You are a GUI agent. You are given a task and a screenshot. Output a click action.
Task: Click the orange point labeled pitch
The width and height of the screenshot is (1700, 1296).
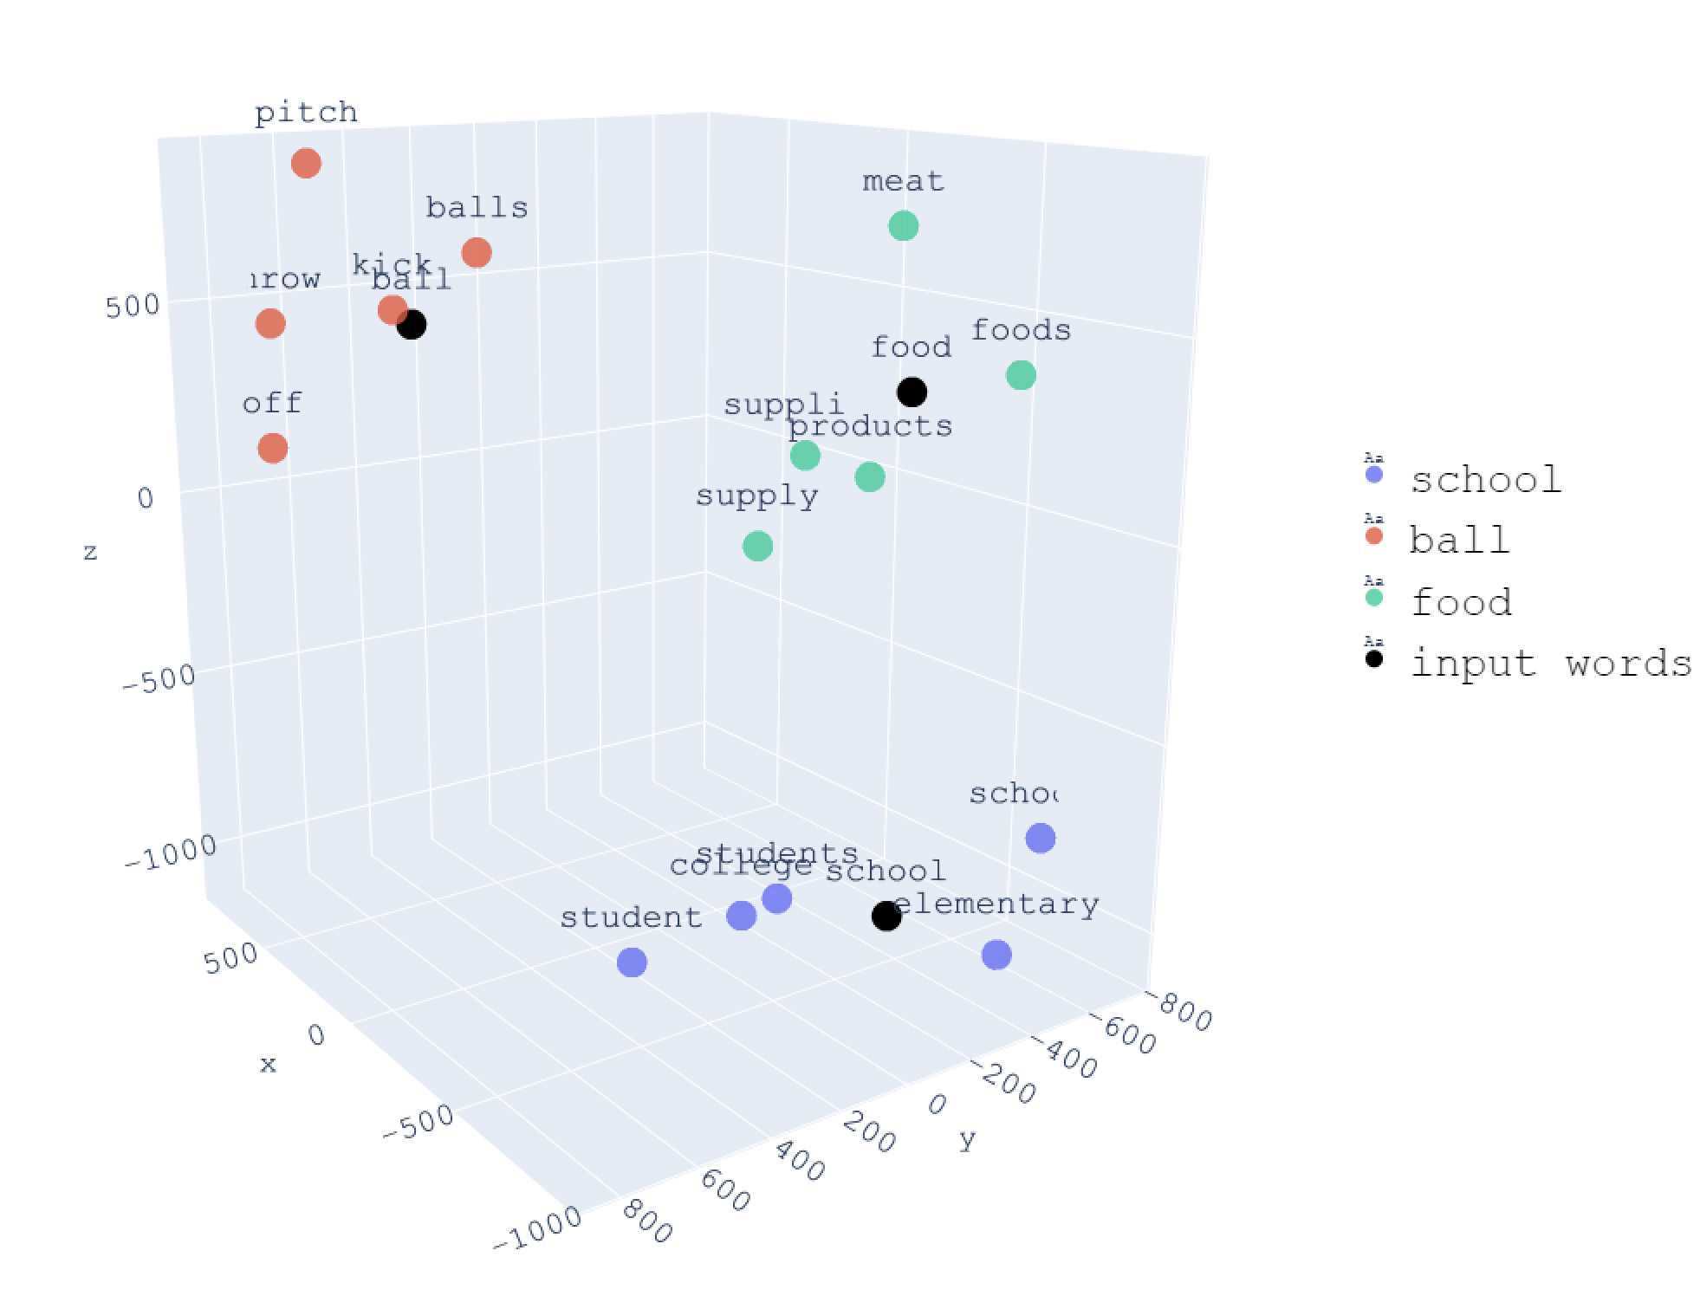click(306, 163)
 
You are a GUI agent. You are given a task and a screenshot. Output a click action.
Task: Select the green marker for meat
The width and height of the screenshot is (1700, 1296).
click(903, 226)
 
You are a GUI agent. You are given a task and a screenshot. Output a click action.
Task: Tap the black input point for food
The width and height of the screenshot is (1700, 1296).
click(912, 392)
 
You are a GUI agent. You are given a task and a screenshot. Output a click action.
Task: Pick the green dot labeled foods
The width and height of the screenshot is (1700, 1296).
click(1021, 375)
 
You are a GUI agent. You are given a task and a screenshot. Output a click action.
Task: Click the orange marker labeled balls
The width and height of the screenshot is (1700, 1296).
click(477, 253)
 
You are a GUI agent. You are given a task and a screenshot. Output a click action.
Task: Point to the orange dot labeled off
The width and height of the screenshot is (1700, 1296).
click(272, 449)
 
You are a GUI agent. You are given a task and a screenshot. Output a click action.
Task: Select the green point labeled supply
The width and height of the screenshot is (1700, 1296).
click(757, 546)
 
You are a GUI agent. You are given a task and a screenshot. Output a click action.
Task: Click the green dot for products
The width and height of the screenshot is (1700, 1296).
click(870, 476)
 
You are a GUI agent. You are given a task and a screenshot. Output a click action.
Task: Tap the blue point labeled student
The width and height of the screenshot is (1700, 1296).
click(632, 962)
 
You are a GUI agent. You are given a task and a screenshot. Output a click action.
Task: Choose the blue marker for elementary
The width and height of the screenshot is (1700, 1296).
click(996, 955)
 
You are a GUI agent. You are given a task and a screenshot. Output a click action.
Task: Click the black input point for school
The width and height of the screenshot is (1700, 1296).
click(886, 916)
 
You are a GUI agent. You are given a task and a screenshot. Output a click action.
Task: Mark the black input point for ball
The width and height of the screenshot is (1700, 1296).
click(412, 325)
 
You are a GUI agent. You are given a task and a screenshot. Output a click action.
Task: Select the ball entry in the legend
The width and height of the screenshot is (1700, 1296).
click(1459, 541)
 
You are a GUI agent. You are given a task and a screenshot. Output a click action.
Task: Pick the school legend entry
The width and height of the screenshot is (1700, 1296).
click(1485, 480)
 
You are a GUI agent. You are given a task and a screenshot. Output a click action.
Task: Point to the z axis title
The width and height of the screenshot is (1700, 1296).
click(90, 553)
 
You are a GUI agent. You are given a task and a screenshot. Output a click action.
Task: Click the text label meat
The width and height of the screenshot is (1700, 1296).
click(903, 182)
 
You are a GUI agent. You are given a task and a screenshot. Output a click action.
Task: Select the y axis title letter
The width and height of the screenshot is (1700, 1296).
click(968, 1140)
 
